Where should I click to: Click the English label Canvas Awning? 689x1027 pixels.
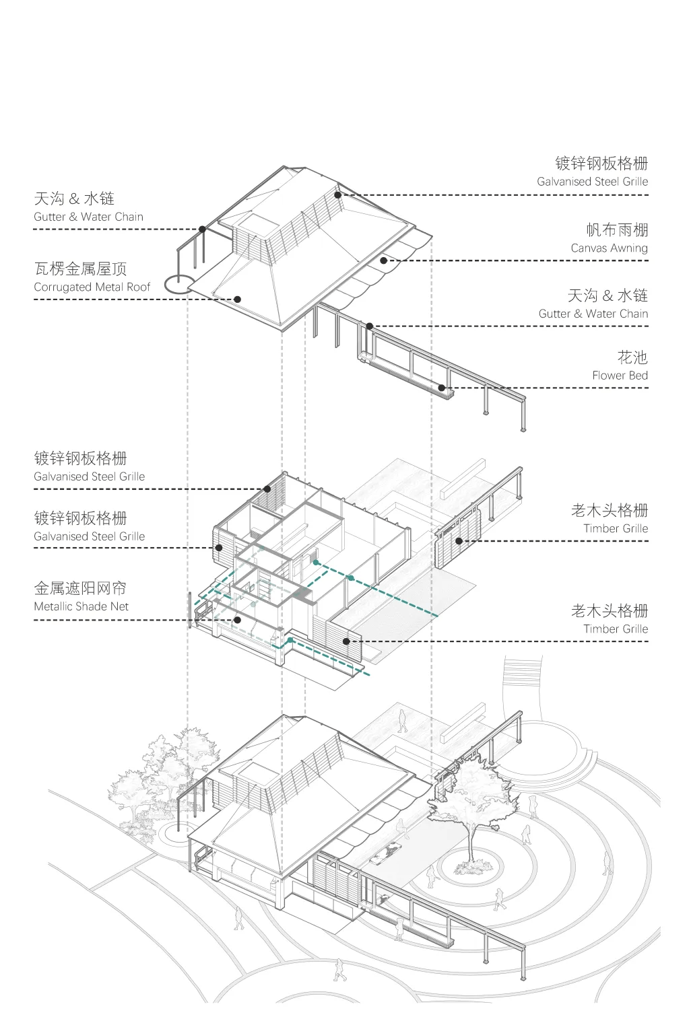[609, 248]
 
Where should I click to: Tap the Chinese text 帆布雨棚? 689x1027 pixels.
[617, 230]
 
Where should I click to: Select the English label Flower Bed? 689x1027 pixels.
[620, 376]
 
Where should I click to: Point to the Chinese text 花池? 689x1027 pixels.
[632, 357]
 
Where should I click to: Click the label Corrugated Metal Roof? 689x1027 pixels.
[92, 287]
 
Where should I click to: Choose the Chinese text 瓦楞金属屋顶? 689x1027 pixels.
[80, 269]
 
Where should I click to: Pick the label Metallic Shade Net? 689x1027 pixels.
[81, 606]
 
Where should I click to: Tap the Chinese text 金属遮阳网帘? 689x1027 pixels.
[80, 588]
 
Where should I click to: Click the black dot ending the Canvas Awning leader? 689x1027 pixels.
[383, 260]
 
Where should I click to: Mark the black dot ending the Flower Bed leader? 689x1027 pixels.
[442, 388]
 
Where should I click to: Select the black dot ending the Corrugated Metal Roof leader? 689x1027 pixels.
[237, 299]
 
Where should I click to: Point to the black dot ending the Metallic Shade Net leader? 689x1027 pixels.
[237, 620]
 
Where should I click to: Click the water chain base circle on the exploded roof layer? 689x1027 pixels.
[179, 285]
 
